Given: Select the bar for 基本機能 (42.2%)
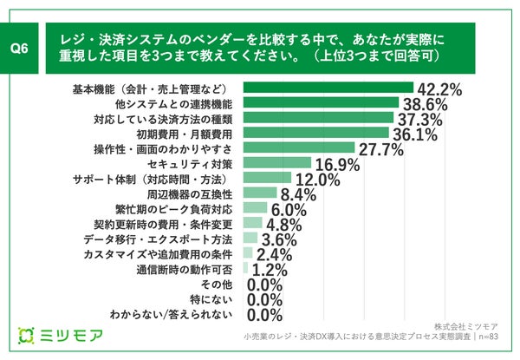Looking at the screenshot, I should click(330, 88).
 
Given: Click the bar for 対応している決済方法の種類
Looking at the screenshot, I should click(321, 118).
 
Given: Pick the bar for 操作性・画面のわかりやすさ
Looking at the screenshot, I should click(300, 147).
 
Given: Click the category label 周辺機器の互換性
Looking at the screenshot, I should click(192, 193).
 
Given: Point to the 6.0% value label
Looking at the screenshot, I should click(289, 209).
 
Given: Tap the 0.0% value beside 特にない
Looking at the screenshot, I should click(265, 299).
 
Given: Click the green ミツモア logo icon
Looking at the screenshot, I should click(27, 335).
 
